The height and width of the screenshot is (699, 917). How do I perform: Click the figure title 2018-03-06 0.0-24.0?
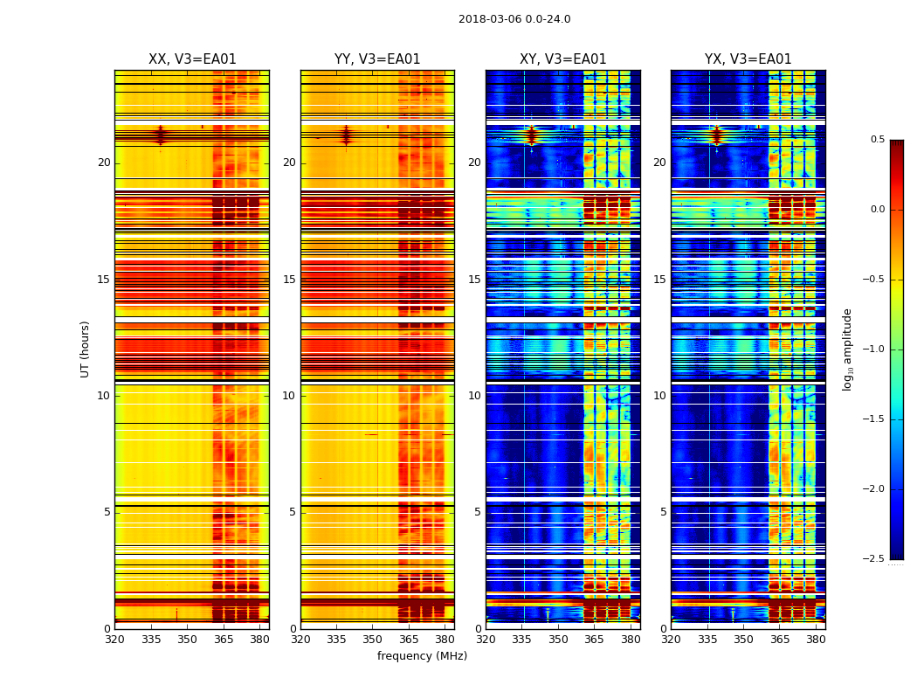pyautogui.click(x=514, y=19)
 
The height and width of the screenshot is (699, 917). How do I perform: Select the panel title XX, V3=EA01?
pyautogui.click(x=192, y=59)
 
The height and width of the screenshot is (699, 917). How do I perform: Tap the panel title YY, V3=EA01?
pyautogui.click(x=377, y=59)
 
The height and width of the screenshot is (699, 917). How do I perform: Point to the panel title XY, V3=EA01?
pyautogui.click(x=562, y=59)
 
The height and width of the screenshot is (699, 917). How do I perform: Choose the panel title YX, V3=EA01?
pyautogui.click(x=748, y=59)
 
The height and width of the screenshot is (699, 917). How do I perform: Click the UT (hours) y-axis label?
pyautogui.click(x=86, y=349)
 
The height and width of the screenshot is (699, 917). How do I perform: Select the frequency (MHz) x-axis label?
pyautogui.click(x=422, y=656)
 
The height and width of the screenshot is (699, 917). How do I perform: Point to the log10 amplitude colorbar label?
pyautogui.click(x=847, y=349)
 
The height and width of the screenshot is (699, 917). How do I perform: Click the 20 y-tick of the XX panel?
pyautogui.click(x=104, y=163)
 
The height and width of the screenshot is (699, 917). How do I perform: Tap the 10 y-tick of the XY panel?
pyautogui.click(x=475, y=396)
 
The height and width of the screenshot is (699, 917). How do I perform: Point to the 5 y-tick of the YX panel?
pyautogui.click(x=664, y=512)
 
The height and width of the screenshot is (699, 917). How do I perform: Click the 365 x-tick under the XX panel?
pyautogui.click(x=224, y=640)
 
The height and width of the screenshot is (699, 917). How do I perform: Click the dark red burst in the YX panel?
pyautogui.click(x=717, y=135)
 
